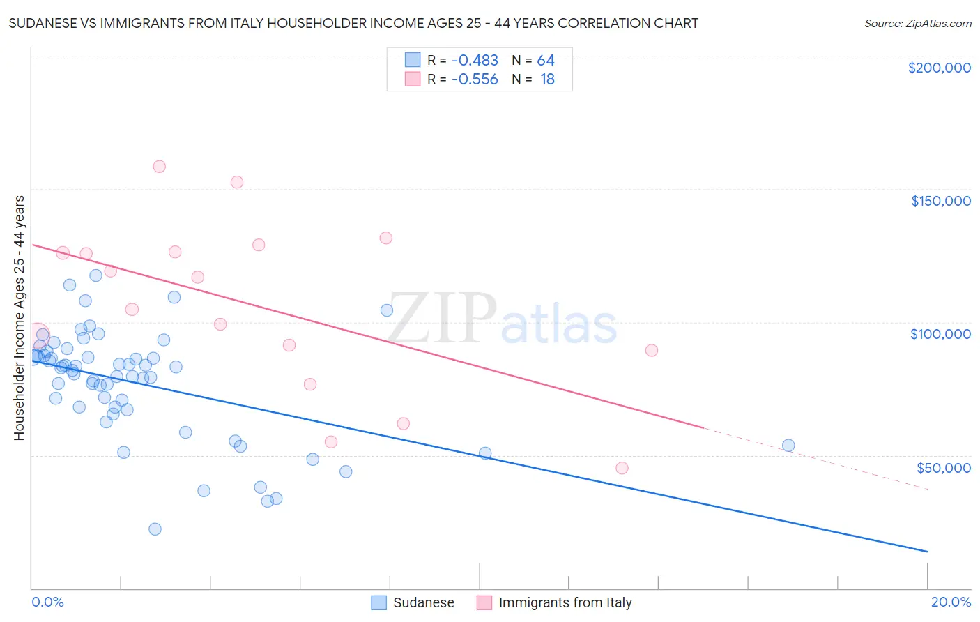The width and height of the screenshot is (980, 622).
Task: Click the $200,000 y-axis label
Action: pyautogui.click(x=939, y=68)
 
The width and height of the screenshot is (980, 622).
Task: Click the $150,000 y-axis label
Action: pyautogui.click(x=940, y=201)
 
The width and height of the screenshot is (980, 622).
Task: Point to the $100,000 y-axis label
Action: pyautogui.click(x=940, y=334)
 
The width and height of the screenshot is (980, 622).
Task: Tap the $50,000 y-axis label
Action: pyautogui.click(x=943, y=467)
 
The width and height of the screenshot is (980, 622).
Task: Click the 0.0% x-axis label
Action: pyautogui.click(x=47, y=602)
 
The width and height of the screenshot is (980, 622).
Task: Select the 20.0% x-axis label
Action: pyautogui.click(x=951, y=602)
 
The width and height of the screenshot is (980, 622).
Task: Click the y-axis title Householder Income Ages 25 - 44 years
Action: pyautogui.click(x=19, y=317)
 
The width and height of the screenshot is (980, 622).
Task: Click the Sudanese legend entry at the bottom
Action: pyautogui.click(x=423, y=602)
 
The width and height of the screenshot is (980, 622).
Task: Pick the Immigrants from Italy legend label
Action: pyautogui.click(x=565, y=602)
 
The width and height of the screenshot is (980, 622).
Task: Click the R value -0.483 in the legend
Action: pyautogui.click(x=475, y=61)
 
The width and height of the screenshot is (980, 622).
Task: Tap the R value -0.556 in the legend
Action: pyautogui.click(x=475, y=79)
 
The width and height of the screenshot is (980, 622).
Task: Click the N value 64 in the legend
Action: pyautogui.click(x=546, y=61)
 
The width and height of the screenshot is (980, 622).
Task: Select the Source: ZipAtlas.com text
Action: pyautogui.click(x=917, y=24)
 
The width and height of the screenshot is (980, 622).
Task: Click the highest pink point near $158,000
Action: pyautogui.click(x=159, y=167)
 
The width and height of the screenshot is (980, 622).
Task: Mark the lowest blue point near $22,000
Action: pyautogui.click(x=155, y=529)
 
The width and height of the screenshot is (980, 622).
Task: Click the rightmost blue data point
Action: pyautogui.click(x=788, y=446)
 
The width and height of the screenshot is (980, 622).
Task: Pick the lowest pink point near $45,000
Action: pyautogui.click(x=622, y=468)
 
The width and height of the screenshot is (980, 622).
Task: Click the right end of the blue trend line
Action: pyautogui.click(x=926, y=552)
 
